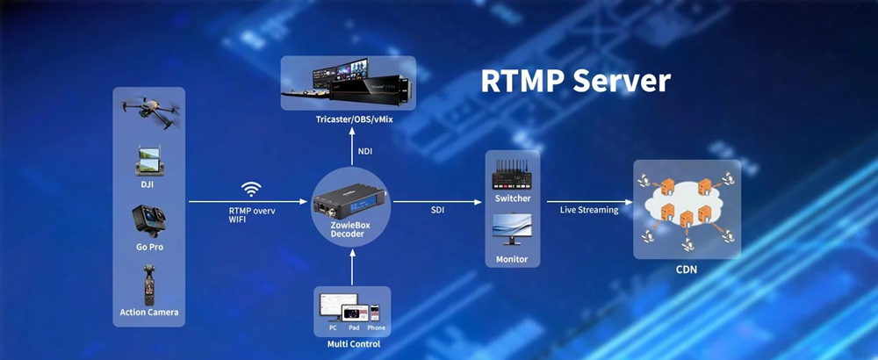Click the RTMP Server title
pyautogui.click(x=575, y=81)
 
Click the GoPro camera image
pyautogui.click(x=149, y=221)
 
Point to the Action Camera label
pyautogui.click(x=149, y=312)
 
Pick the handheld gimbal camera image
pyautogui.click(x=149, y=284)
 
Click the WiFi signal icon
pyautogui.click(x=251, y=190)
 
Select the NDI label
pyautogui.click(x=364, y=151)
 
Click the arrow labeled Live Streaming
pyautogui.click(x=590, y=202)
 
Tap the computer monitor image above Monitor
pyautogui.click(x=512, y=229)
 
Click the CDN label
pyautogui.click(x=687, y=270)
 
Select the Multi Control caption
pyautogui.click(x=353, y=344)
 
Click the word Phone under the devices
pyautogui.click(x=377, y=328)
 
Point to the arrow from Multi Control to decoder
pyautogui.click(x=352, y=267)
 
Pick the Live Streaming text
pyautogui.click(x=589, y=211)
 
